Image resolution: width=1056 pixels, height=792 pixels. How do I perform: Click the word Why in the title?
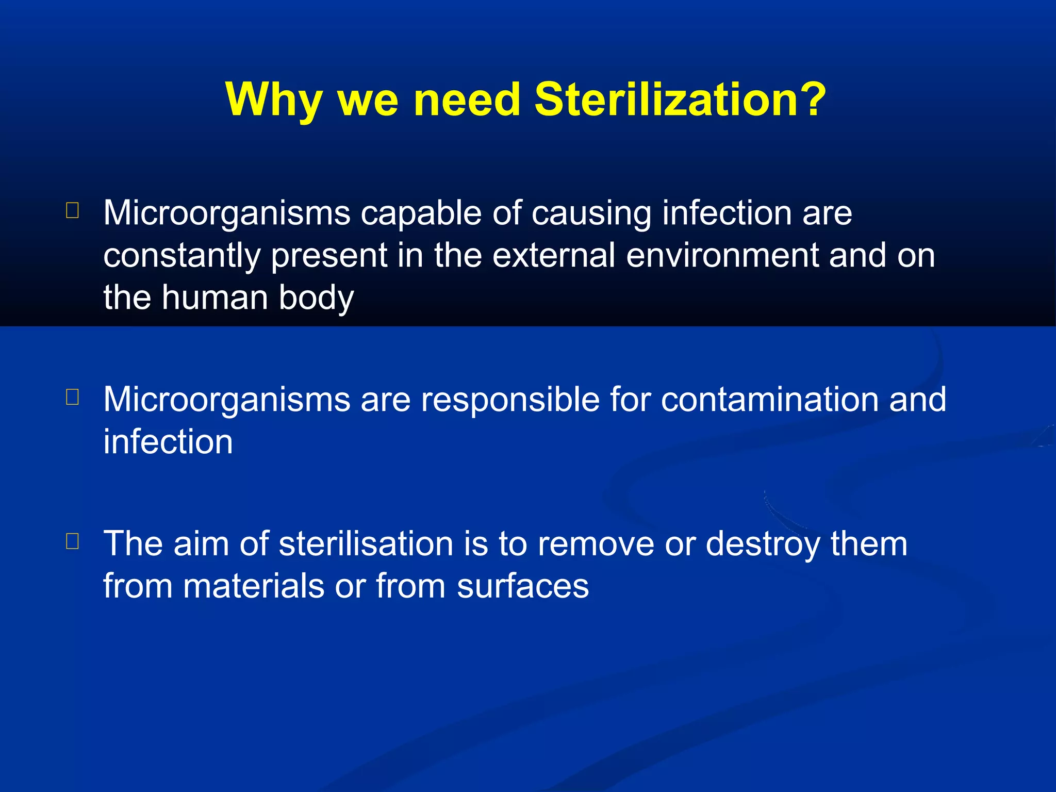274,100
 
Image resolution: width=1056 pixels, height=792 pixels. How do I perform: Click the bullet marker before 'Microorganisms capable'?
73,210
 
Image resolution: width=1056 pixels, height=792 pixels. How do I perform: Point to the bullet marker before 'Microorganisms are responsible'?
73,397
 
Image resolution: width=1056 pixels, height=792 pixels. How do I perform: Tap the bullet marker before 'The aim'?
73,541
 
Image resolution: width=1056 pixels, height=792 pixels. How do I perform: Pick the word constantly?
181,256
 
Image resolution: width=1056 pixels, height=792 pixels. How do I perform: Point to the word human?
214,298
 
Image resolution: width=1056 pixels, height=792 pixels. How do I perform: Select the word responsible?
510,400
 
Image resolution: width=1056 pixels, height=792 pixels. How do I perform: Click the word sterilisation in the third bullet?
366,543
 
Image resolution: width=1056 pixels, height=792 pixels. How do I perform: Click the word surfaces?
522,586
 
